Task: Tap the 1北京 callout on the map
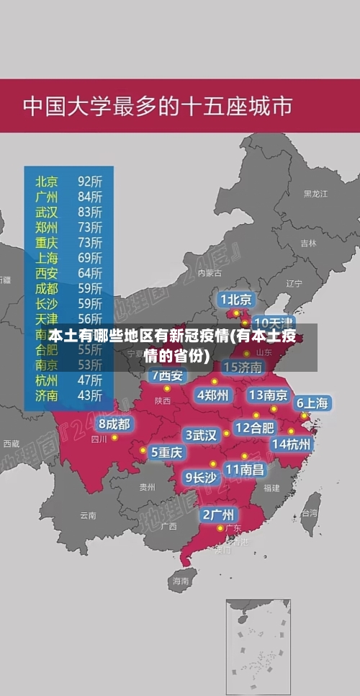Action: click(x=236, y=298)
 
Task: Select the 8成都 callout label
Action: click(x=114, y=424)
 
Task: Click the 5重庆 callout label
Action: click(x=166, y=452)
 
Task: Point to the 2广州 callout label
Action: click(x=217, y=514)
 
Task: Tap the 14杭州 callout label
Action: click(x=292, y=444)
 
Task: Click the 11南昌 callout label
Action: click(x=245, y=469)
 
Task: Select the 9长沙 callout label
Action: click(x=200, y=476)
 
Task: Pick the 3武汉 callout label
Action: click(x=201, y=435)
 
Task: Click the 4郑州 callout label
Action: click(x=212, y=394)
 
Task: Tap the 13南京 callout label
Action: click(x=268, y=395)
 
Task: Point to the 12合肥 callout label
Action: click(x=254, y=427)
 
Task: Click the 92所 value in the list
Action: click(x=90, y=180)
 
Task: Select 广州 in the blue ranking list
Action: click(x=47, y=196)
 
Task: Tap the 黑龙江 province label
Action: click(x=315, y=194)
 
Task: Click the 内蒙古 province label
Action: click(x=210, y=273)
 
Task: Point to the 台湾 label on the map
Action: click(x=309, y=513)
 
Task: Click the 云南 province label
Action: click(x=88, y=515)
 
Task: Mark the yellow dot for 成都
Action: click(x=114, y=437)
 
